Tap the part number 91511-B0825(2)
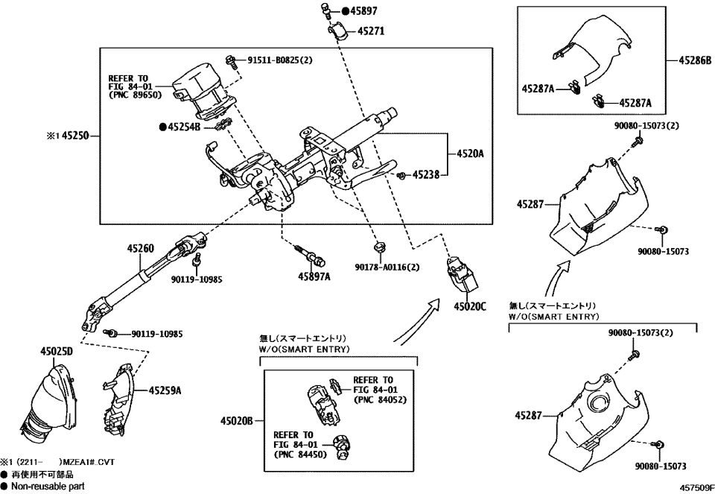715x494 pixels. (x=279, y=59)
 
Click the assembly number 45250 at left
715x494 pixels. (x=74, y=136)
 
